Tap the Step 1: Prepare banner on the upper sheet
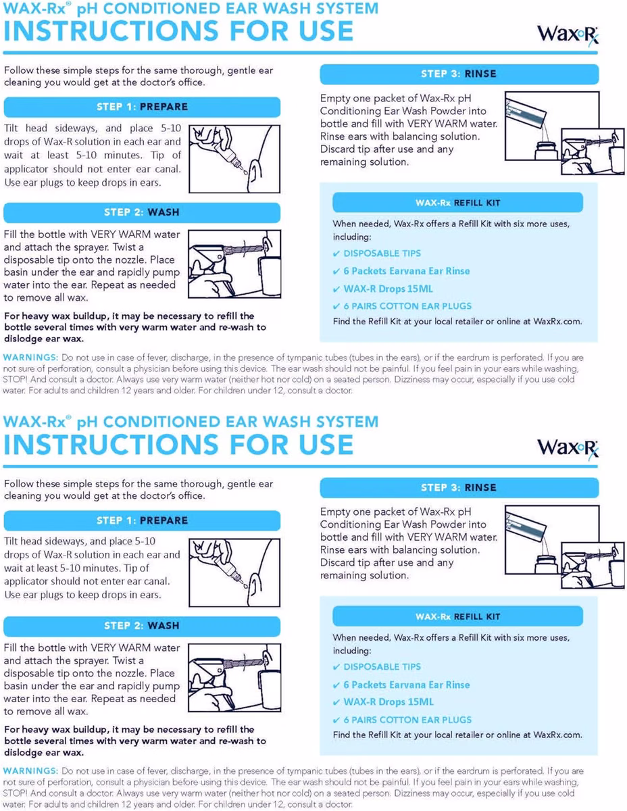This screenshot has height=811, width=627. coord(142,107)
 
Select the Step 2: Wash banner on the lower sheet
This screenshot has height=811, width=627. coord(142,626)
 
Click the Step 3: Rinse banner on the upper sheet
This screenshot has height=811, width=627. coord(459,74)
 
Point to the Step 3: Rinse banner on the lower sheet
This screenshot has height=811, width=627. coord(459,487)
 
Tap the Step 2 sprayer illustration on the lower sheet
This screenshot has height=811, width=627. coord(234,677)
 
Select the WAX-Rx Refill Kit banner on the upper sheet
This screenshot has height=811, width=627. coord(457,203)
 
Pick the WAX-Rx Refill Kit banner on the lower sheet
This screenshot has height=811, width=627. coord(457,616)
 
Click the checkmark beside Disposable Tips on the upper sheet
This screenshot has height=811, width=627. coord(336,254)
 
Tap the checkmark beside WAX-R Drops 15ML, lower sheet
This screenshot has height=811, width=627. coord(336,702)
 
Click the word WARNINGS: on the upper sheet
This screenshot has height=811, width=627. coord(30,357)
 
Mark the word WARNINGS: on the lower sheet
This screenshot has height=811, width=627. coord(30,770)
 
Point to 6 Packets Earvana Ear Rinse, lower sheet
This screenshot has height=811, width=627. coord(407,685)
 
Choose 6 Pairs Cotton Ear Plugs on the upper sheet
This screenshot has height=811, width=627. coord(407,306)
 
